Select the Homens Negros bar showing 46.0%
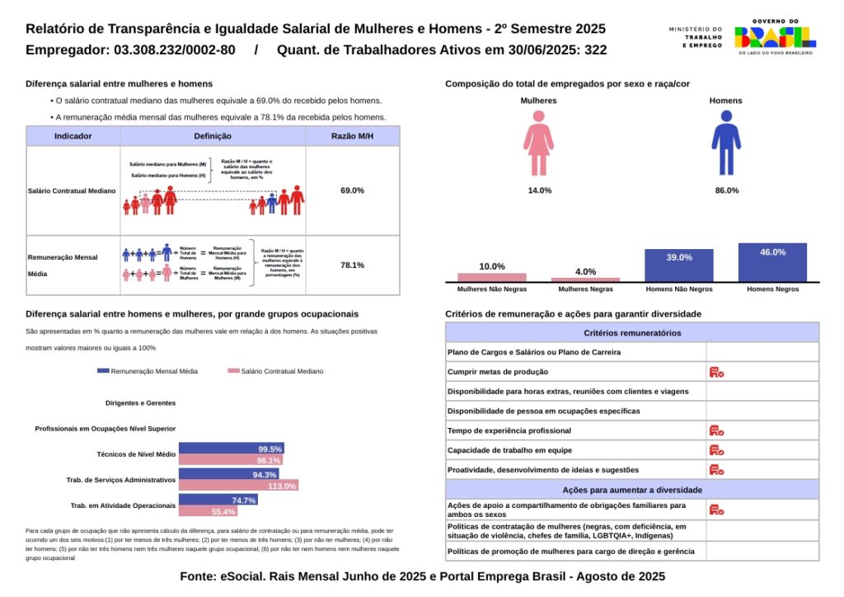[x=772, y=262]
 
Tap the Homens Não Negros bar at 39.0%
[x=679, y=265]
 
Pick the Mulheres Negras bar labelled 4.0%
[x=585, y=280]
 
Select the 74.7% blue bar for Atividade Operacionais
[x=218, y=500]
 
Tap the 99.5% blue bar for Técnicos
[x=231, y=449]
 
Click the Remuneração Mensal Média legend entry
[x=148, y=372]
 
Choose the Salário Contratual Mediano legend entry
[x=275, y=372]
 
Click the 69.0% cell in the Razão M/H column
[x=352, y=190]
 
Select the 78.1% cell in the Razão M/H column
[x=352, y=266]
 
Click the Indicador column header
[x=73, y=136]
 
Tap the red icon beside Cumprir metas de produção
[x=716, y=372]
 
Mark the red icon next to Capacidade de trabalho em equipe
[x=716, y=450]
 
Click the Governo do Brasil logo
[x=775, y=36]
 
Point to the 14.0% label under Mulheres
[x=540, y=190]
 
